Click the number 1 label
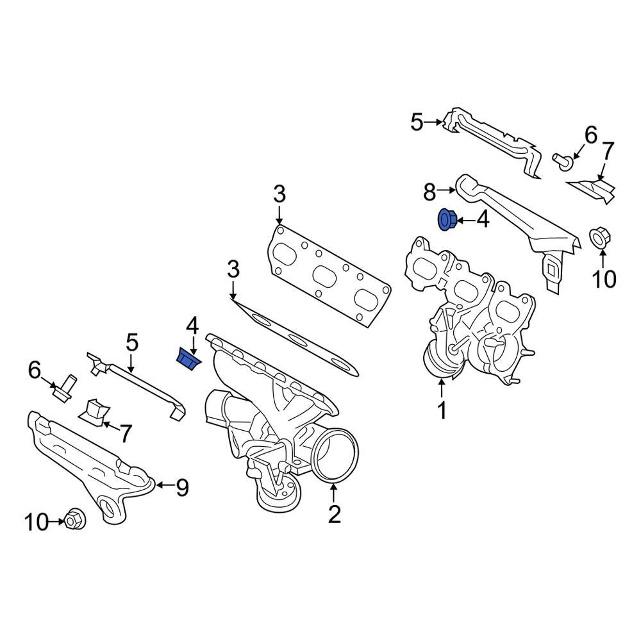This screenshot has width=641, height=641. (442, 410)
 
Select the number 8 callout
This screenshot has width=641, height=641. (429, 191)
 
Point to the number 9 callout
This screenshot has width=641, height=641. (182, 488)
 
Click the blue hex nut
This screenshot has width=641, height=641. (446, 221)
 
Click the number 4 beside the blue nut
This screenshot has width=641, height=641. (482, 221)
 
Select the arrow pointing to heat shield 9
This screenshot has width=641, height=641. (164, 486)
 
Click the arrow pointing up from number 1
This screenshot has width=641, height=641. (442, 388)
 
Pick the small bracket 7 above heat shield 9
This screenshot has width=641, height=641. (93, 410)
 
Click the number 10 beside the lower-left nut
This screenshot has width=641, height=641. (37, 522)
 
